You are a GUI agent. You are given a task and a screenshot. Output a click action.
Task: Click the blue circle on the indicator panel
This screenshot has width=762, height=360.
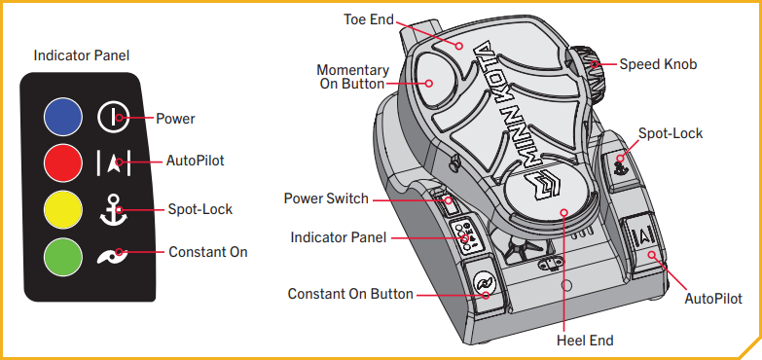(x=62, y=119)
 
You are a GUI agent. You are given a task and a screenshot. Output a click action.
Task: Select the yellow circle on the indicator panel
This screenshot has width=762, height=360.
(x=62, y=208)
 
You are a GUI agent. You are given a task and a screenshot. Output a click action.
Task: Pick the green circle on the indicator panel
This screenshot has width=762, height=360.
(x=62, y=254)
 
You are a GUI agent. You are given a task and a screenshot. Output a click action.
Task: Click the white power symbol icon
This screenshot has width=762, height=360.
(x=113, y=119)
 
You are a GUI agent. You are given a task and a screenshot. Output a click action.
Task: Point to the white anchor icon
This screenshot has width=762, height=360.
(x=113, y=209)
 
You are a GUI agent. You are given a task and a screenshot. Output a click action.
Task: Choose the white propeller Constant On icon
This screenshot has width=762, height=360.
(x=113, y=254)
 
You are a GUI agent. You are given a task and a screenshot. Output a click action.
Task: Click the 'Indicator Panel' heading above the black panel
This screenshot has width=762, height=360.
(x=82, y=56)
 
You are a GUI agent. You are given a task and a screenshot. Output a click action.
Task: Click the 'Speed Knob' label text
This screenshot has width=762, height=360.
(x=658, y=64)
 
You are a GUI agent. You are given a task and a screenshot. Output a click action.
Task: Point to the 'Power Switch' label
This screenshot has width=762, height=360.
(x=326, y=198)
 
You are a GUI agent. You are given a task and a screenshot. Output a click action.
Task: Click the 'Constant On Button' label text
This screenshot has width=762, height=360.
(x=350, y=294)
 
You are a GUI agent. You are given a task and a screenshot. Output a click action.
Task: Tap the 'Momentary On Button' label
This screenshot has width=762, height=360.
(x=353, y=77)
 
